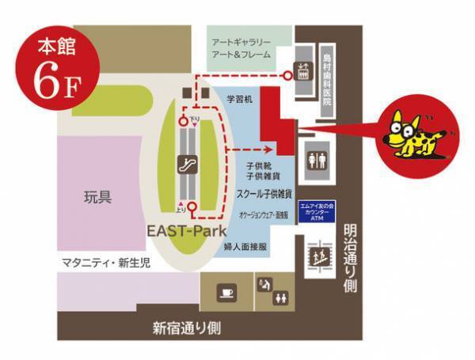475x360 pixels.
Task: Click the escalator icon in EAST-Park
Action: [188, 167]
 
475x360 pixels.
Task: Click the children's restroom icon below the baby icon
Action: [279, 298]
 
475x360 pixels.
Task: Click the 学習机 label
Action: [239, 100]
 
